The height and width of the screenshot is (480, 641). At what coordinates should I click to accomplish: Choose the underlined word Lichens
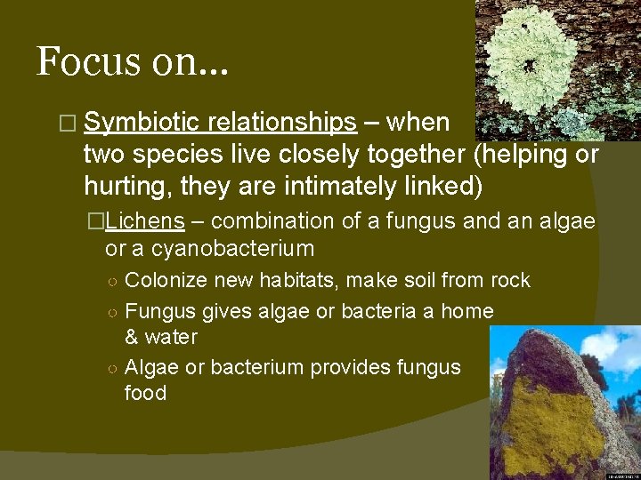(x=150, y=221)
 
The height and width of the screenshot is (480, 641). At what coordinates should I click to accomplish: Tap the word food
(x=145, y=394)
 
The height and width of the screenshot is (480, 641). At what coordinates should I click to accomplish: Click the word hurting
(x=120, y=186)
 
